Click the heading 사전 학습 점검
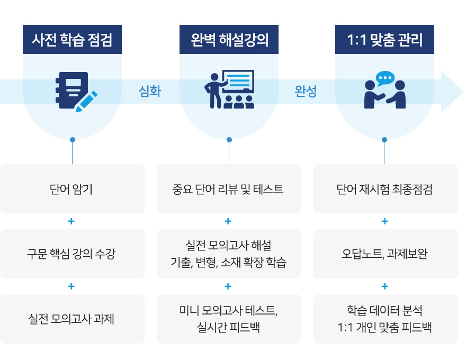pyautogui.click(x=73, y=40)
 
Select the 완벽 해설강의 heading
pyautogui.click(x=229, y=40)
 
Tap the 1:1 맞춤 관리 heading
pyautogui.click(x=384, y=40)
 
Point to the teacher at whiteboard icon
pyautogui.click(x=229, y=89)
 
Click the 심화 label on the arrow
pyautogui.click(x=150, y=92)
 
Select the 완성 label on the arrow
pyautogui.click(x=306, y=92)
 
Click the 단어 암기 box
pyautogui.click(x=73, y=189)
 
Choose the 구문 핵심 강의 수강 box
pyautogui.click(x=73, y=254)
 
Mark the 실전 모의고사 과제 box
pyautogui.click(x=73, y=319)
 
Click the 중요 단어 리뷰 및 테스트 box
pyautogui.click(x=229, y=189)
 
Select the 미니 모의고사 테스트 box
pyautogui.click(x=229, y=319)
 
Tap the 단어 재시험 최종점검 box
pyautogui.click(x=385, y=189)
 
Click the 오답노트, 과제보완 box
pyautogui.click(x=385, y=254)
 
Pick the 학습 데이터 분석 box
pyautogui.click(x=385, y=319)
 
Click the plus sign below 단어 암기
pyautogui.click(x=71, y=221)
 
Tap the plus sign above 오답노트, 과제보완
pyautogui.click(x=385, y=221)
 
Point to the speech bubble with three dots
pyautogui.click(x=385, y=78)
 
